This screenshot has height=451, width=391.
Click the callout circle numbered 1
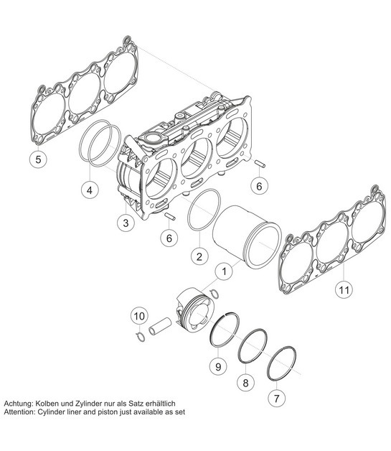pos(224,271)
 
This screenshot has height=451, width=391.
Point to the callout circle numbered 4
pos(88,191)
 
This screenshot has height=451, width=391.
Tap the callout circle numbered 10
pos(138,315)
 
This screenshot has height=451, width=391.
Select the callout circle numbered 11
pos(343,291)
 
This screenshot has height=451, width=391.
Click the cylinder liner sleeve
pos(244,233)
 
